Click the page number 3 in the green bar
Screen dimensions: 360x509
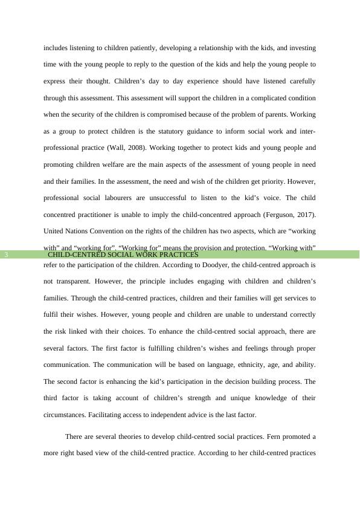tap(6, 254)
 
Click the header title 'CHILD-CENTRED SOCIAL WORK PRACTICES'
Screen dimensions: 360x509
tap(123, 254)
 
